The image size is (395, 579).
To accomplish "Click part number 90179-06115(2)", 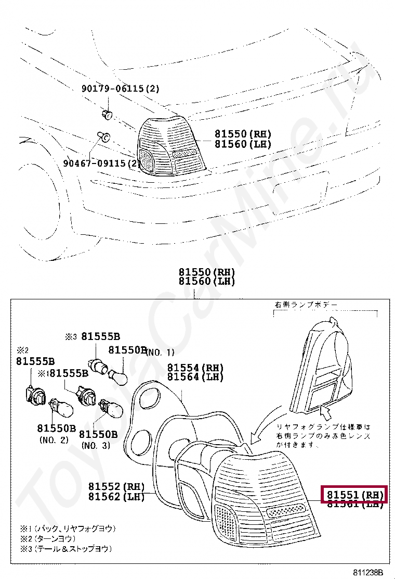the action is coord(120,89).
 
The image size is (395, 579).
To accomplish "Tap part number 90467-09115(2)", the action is coord(102,163).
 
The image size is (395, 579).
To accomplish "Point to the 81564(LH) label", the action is coord(195,377).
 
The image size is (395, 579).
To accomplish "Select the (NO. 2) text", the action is coord(54,440).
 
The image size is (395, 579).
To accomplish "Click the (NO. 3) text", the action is coord(96,446).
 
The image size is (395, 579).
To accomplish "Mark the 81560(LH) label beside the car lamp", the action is coord(243,144).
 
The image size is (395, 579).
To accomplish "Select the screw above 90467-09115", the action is coord(103,137).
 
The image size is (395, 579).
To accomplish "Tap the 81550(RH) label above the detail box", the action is coord(207,272).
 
